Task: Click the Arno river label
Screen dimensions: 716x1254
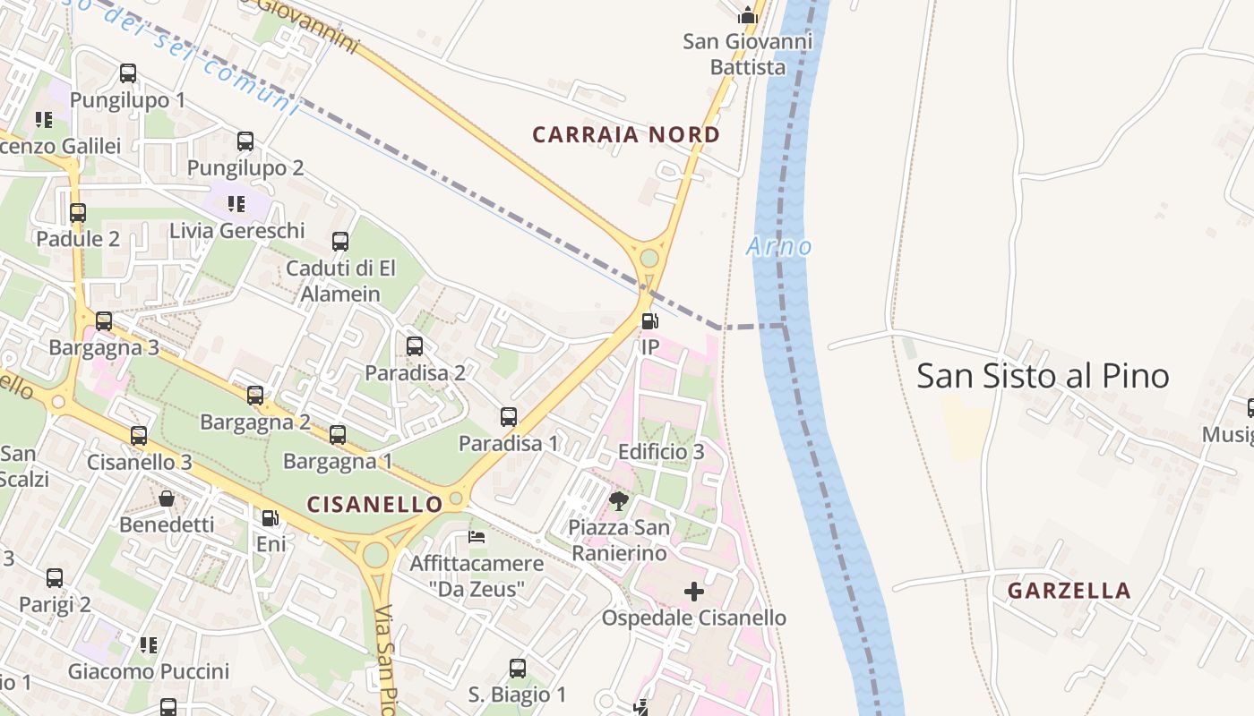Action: [778, 246]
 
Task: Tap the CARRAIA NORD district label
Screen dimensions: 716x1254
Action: [626, 135]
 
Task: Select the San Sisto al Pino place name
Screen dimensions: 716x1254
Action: [1043, 376]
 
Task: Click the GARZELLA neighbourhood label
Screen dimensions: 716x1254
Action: [1069, 591]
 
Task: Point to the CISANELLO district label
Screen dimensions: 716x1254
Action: [374, 504]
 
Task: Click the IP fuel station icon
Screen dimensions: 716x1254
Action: [649, 320]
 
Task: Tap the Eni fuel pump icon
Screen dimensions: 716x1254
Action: [270, 518]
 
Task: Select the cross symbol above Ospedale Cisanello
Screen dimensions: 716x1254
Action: [694, 592]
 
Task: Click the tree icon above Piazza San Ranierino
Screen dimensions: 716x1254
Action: [618, 500]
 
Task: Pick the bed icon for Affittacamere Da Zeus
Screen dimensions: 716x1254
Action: [477, 537]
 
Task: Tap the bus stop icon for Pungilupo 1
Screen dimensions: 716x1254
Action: [128, 73]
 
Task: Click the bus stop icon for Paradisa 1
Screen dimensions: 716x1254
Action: [509, 417]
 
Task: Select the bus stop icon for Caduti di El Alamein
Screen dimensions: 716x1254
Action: [340, 242]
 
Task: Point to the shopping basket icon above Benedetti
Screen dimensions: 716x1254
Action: [167, 499]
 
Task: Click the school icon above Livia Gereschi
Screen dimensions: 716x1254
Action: [236, 204]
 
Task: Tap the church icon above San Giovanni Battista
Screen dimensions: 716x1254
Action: [747, 15]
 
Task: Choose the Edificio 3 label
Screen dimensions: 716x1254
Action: [661, 452]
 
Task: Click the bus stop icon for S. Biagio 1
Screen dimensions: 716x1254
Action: [518, 669]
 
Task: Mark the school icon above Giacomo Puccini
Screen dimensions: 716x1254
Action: [149, 644]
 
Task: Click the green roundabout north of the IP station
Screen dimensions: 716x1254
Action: [649, 259]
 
